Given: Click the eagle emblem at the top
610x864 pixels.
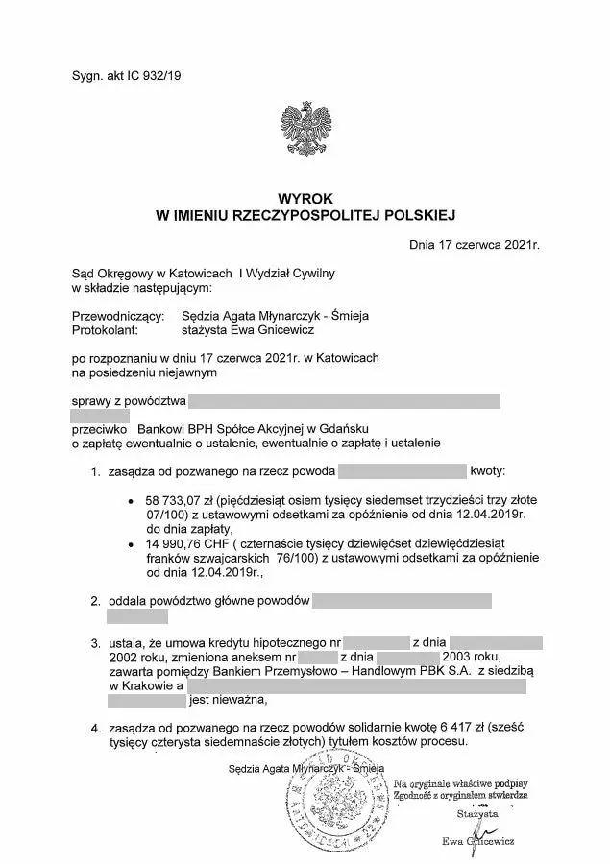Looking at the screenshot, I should pyautogui.click(x=305, y=133).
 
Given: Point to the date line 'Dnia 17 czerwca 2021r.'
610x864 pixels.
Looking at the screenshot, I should pyautogui.click(x=475, y=244).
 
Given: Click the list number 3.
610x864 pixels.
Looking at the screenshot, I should pyautogui.click(x=95, y=642).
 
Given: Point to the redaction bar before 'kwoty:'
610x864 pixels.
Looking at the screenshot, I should pyautogui.click(x=403, y=472).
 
